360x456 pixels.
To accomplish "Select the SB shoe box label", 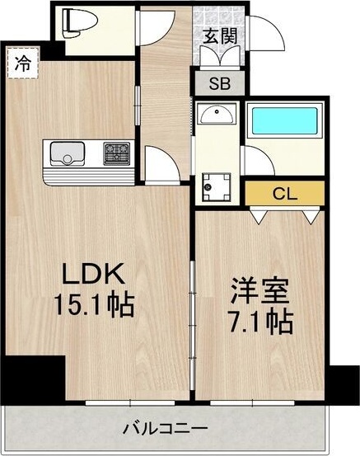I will click(x=218, y=83).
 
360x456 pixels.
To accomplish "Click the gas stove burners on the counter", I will click(x=116, y=153).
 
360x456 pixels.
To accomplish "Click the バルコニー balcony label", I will click(x=165, y=430).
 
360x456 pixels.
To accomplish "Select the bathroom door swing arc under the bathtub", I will click(x=257, y=162).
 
